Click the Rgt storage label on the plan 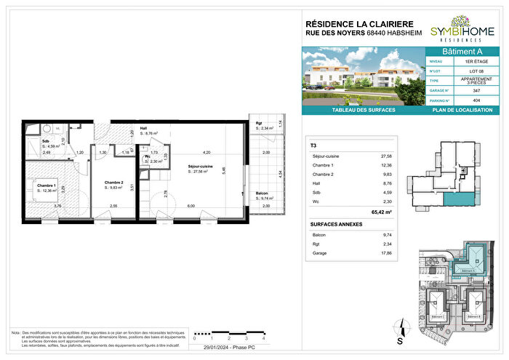click(x=258, y=121)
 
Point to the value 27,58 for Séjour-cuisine click(x=385, y=156)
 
